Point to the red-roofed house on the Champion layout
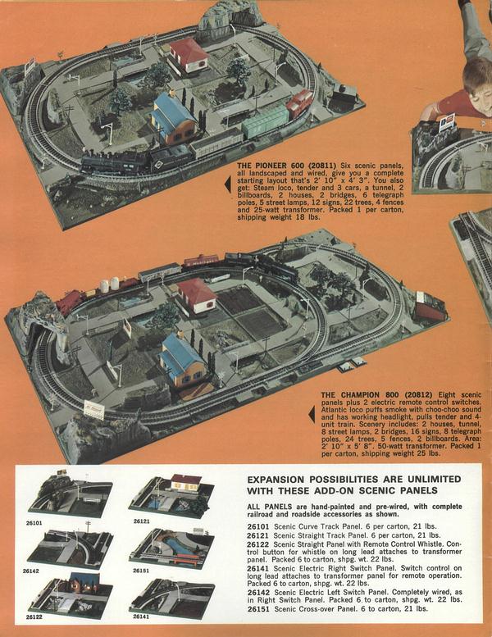196,295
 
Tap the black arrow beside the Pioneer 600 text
228,184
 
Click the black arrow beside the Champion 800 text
312,414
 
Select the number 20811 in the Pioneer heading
322,166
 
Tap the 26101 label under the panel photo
34,523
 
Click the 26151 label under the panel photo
140,571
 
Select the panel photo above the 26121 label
171,496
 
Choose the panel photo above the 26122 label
71,593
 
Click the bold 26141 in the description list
258,568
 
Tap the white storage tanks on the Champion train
109,284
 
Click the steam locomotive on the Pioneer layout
114,162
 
